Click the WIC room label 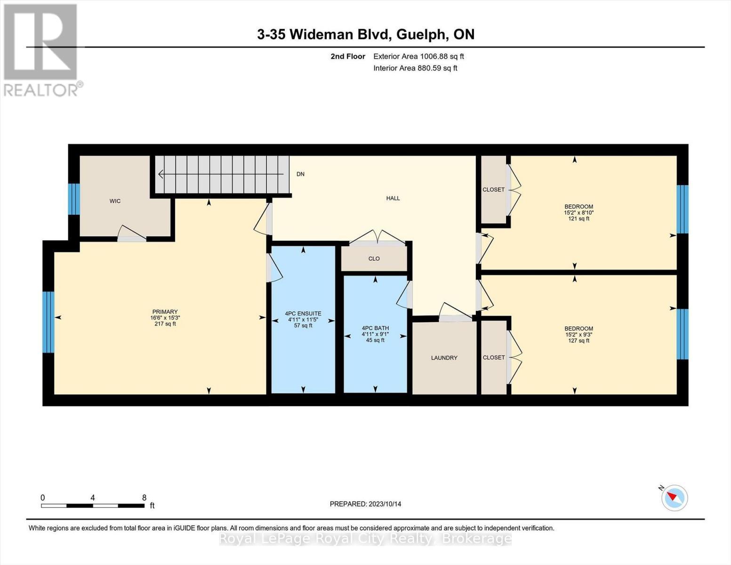coord(115,201)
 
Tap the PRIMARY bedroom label coord(165,312)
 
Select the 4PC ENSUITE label coord(303,314)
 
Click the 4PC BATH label coord(375,328)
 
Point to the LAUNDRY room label coord(444,358)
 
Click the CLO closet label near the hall coord(374,258)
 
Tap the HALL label coord(393,198)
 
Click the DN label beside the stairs coord(300,174)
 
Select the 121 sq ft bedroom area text coord(578,218)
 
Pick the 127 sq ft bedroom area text coord(578,340)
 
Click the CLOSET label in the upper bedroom coord(493,190)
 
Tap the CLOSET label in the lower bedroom coord(493,357)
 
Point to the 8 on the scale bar coord(144,498)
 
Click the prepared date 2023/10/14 coord(385,504)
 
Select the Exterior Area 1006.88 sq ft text coord(418,56)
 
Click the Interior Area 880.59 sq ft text coord(415,68)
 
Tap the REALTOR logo coord(41,49)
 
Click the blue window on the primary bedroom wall coord(48,322)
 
